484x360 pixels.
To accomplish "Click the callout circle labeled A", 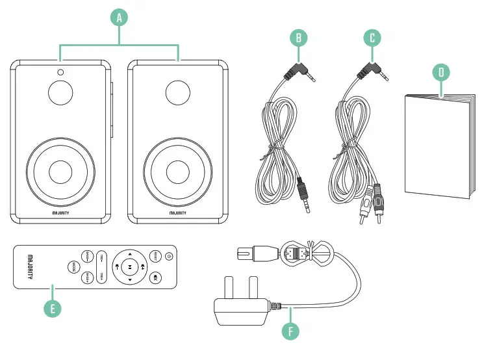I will point(118,18).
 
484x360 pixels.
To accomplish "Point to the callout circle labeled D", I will point(441,71).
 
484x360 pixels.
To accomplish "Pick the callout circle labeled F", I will point(291,330).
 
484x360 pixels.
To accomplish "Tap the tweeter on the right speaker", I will point(177,92).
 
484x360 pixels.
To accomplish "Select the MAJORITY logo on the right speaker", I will point(177,212).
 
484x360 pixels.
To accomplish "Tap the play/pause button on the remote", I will point(130,266).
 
